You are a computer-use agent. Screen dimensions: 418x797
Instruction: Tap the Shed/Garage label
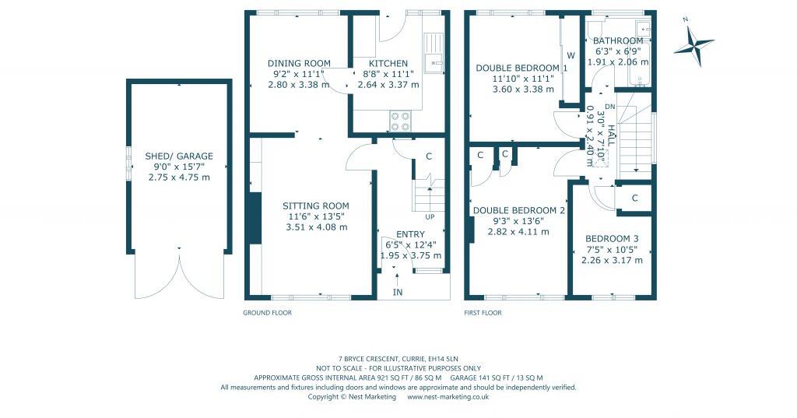point(179,156)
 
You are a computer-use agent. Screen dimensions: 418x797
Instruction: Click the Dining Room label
point(299,64)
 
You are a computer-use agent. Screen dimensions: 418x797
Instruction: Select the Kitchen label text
point(388,64)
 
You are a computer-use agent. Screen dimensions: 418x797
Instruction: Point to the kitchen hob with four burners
point(400,121)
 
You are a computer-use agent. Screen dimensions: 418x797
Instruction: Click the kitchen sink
point(432,57)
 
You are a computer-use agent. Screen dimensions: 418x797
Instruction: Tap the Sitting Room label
point(315,206)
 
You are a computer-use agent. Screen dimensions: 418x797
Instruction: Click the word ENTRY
point(410,234)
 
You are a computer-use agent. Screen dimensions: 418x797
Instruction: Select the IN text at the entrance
point(398,292)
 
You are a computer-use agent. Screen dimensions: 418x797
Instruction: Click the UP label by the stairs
point(429,216)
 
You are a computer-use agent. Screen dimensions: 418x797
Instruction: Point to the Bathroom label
point(618,41)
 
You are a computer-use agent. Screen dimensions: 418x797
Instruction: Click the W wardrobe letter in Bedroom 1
point(571,55)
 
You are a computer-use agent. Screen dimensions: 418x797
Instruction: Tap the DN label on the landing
point(609,107)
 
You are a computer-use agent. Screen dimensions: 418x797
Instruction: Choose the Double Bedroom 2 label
point(518,210)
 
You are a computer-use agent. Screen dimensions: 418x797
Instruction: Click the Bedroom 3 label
point(612,239)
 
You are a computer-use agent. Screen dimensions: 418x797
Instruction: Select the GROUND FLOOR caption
point(268,313)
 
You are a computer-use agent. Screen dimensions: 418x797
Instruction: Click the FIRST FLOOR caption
point(483,313)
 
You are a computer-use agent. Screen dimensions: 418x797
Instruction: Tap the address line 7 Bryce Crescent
point(398,359)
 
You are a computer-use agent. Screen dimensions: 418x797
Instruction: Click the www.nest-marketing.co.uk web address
point(448,396)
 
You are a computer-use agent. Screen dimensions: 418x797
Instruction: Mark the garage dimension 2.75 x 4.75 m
point(179,177)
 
